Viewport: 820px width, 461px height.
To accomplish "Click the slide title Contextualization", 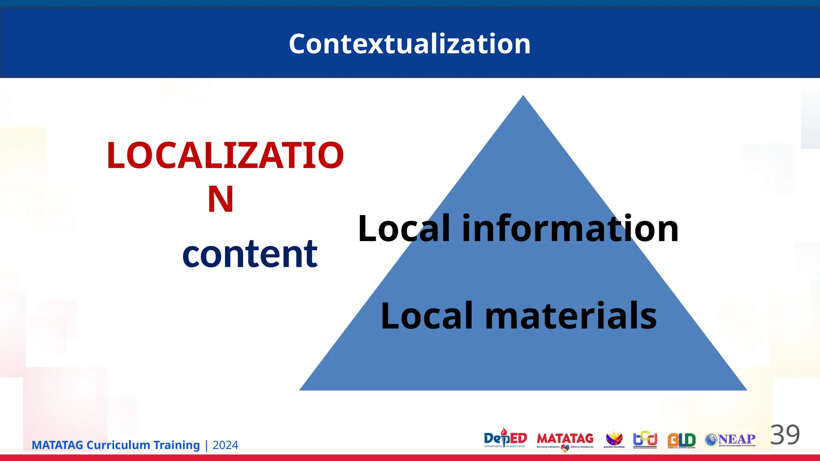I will coord(410,44).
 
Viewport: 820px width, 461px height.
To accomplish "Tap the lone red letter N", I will coord(221,199).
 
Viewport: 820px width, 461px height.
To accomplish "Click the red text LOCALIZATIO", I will coord(225,156).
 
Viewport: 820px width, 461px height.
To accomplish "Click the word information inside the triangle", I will coord(570,228).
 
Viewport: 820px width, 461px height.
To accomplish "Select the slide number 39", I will coord(785,435).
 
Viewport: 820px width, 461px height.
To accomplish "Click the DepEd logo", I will coord(505,439).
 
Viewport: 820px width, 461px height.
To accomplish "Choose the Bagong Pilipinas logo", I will coord(614,439).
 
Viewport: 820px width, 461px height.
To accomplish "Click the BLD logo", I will coord(681,440).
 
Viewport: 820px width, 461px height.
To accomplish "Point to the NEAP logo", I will coord(730,440).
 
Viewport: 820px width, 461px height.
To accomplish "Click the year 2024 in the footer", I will coord(225,445).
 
